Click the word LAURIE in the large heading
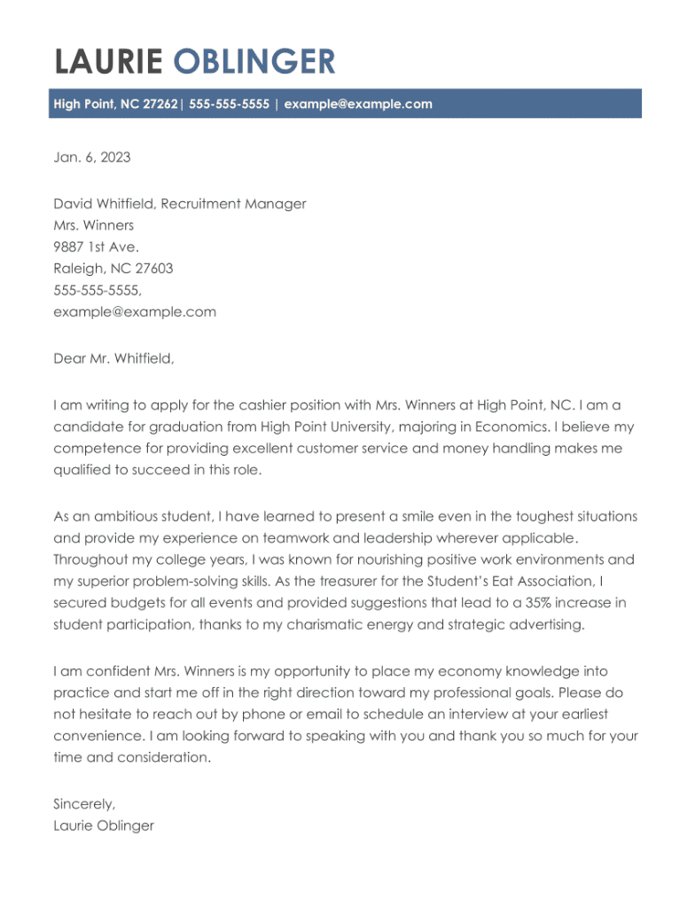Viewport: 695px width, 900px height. [x=108, y=62]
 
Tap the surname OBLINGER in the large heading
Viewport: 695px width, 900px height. [x=254, y=62]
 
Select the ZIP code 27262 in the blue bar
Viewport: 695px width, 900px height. [x=160, y=105]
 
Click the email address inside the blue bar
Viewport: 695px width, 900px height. [x=358, y=105]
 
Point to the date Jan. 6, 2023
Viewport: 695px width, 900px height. [x=91, y=158]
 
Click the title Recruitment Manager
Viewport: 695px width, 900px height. [x=233, y=204]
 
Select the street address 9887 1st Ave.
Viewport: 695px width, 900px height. [x=96, y=247]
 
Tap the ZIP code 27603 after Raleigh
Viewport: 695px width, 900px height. [x=152, y=269]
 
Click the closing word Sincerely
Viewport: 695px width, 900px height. [x=84, y=804]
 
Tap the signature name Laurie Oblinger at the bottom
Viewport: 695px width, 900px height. [x=104, y=826]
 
